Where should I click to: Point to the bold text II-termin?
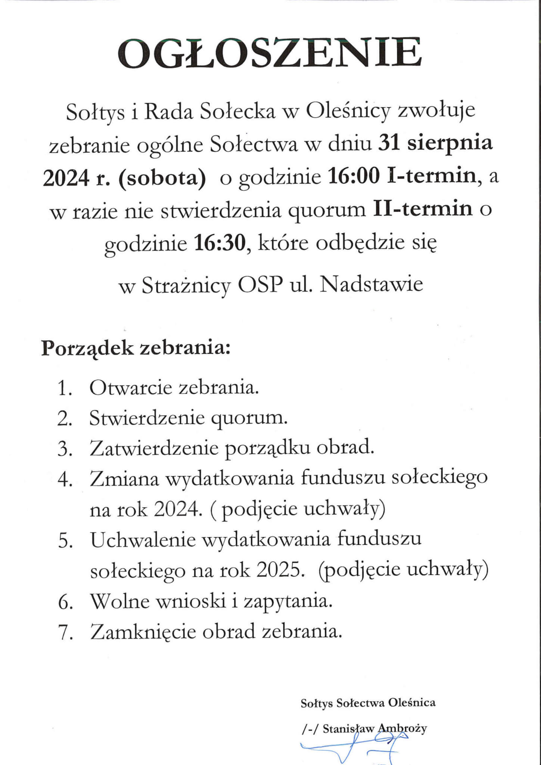click(x=423, y=210)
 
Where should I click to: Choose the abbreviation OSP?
click(x=260, y=285)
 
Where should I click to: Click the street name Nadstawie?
click(x=371, y=285)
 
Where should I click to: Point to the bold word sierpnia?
click(x=450, y=144)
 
